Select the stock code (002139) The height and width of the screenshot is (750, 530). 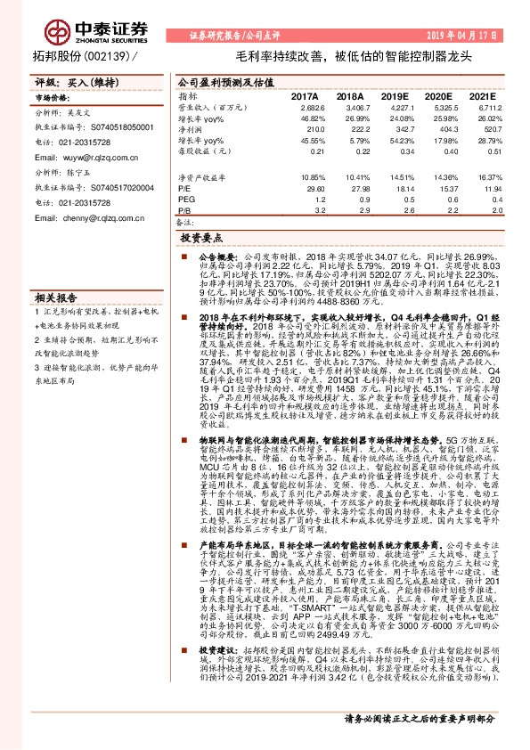point(101,56)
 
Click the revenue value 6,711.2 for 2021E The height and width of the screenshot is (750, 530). point(475,107)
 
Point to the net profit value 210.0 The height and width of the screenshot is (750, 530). point(311,130)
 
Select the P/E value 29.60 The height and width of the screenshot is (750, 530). point(313,189)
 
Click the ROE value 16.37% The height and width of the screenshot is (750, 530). point(477,177)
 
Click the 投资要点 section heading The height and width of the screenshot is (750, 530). point(200,240)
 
